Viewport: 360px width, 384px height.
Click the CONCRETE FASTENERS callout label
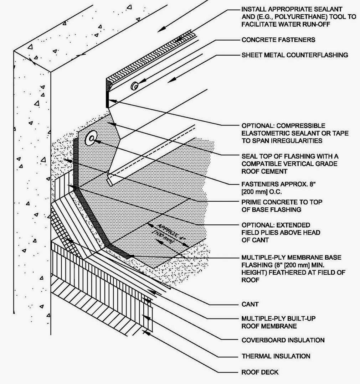(x=278, y=40)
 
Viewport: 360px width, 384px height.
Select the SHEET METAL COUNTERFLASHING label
(x=295, y=55)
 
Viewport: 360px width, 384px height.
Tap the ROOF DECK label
(x=260, y=372)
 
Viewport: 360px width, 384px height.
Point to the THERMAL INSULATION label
(x=276, y=356)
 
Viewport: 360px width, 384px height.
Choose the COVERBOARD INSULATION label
(x=283, y=340)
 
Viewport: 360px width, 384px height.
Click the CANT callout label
(x=250, y=304)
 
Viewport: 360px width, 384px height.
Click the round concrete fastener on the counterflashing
(x=135, y=85)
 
